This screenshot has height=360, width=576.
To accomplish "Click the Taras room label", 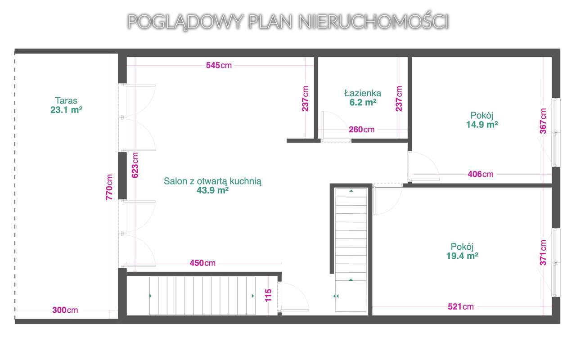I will coord(66,100).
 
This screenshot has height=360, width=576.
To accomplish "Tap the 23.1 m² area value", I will coord(66,109).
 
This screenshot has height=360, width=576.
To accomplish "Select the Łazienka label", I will coord(363,93).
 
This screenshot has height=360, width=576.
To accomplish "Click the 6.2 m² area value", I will coord(363,102).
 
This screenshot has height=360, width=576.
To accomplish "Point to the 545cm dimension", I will coord(219,65).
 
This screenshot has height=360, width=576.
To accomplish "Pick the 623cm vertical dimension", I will coord(135,165).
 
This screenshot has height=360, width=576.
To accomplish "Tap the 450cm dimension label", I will coord(202,263).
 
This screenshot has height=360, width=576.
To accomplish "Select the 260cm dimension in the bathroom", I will coord(362,130).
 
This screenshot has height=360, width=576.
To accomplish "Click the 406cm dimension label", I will coord(481,174).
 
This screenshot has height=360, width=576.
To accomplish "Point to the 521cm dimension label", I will coord(461,306).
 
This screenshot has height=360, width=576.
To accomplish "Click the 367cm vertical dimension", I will coord(544,121).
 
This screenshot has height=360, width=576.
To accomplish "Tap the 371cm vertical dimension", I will coord(544,252).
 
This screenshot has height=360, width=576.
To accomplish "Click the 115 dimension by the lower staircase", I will coord(269,295).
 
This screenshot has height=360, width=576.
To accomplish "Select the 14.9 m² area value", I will coord(482,125).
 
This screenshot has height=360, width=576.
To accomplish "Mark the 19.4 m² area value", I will coord(462,256).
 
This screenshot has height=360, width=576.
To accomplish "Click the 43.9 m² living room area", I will coord(213,190).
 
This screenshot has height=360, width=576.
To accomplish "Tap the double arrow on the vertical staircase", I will coord(336,296).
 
